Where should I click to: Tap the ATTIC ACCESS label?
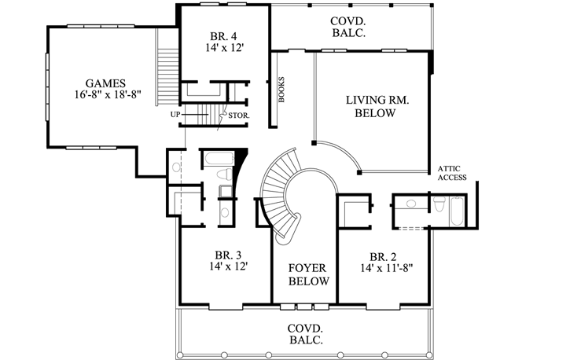[x=453, y=173]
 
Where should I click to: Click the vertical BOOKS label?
[x=281, y=90]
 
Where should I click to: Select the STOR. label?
[x=240, y=116]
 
